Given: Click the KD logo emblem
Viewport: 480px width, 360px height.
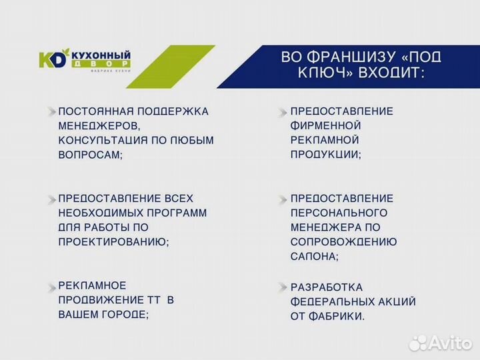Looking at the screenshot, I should [x=53, y=59].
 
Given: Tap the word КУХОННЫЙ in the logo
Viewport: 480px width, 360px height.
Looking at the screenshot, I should [x=99, y=55].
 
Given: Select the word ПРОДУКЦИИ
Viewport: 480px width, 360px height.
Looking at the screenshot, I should [x=324, y=154].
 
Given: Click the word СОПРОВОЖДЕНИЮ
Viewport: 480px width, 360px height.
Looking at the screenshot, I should [x=343, y=242].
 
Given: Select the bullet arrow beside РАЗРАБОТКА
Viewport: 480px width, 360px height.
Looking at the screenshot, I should [x=283, y=287].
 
